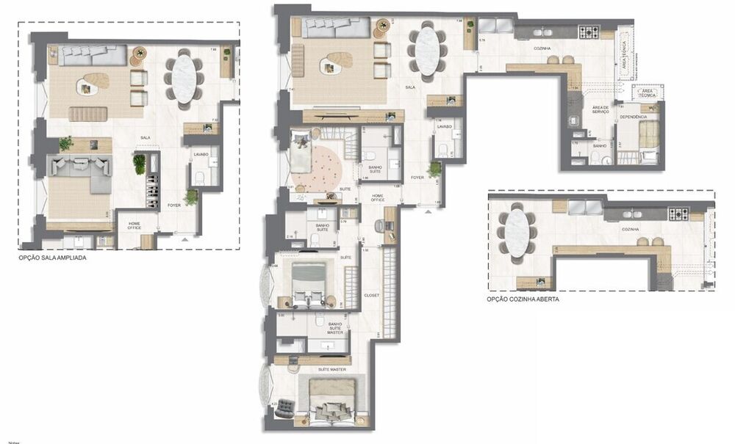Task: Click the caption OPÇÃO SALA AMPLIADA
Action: [57, 258]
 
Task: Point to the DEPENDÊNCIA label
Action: [633, 117]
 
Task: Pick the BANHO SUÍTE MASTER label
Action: [335, 328]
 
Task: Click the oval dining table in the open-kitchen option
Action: [517, 233]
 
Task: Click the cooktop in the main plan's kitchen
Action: [589, 32]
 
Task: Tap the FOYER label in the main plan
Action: [417, 177]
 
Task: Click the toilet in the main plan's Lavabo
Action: [443, 150]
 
